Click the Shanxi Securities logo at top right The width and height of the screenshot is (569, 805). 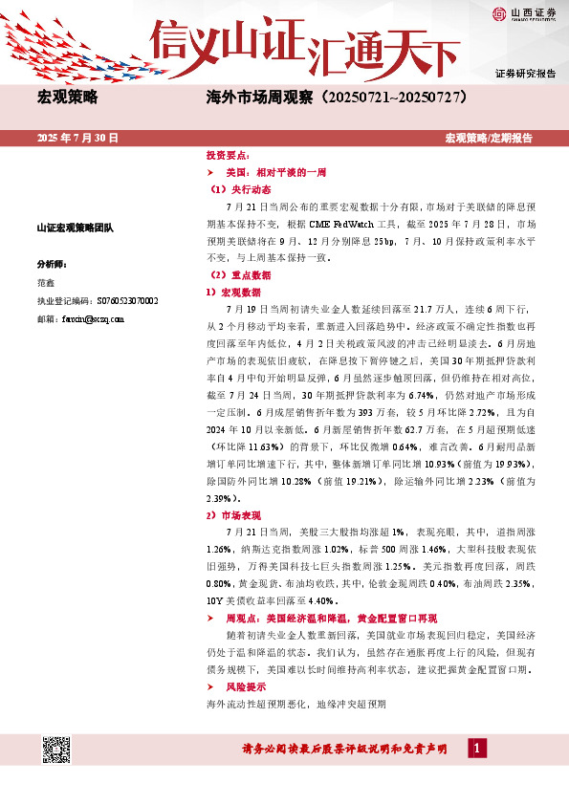[525, 14]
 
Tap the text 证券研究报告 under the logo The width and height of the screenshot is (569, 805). [525, 74]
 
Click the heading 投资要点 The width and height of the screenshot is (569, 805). [228, 154]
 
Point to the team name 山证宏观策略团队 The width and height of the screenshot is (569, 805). [75, 228]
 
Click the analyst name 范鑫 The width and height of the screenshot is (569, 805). [46, 282]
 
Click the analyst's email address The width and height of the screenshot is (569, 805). [95, 318]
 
